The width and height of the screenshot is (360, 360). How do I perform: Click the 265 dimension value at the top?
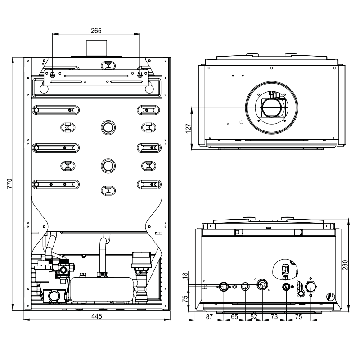point(96,31)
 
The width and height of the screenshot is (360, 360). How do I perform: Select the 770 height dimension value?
point(9,184)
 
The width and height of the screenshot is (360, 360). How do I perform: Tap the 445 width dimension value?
point(96,316)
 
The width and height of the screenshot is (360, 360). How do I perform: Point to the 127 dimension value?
point(188,129)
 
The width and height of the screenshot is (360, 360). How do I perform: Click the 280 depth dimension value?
point(345,265)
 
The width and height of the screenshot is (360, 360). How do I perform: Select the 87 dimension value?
point(209,317)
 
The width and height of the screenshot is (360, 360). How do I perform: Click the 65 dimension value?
point(234,317)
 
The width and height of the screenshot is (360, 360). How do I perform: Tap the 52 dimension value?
point(254,317)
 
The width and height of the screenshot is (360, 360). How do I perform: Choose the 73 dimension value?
point(274,317)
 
